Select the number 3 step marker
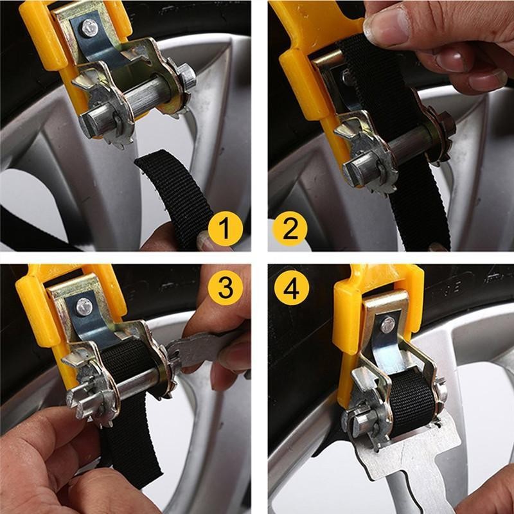226,288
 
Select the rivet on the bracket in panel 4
387,324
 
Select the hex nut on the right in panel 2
445,122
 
